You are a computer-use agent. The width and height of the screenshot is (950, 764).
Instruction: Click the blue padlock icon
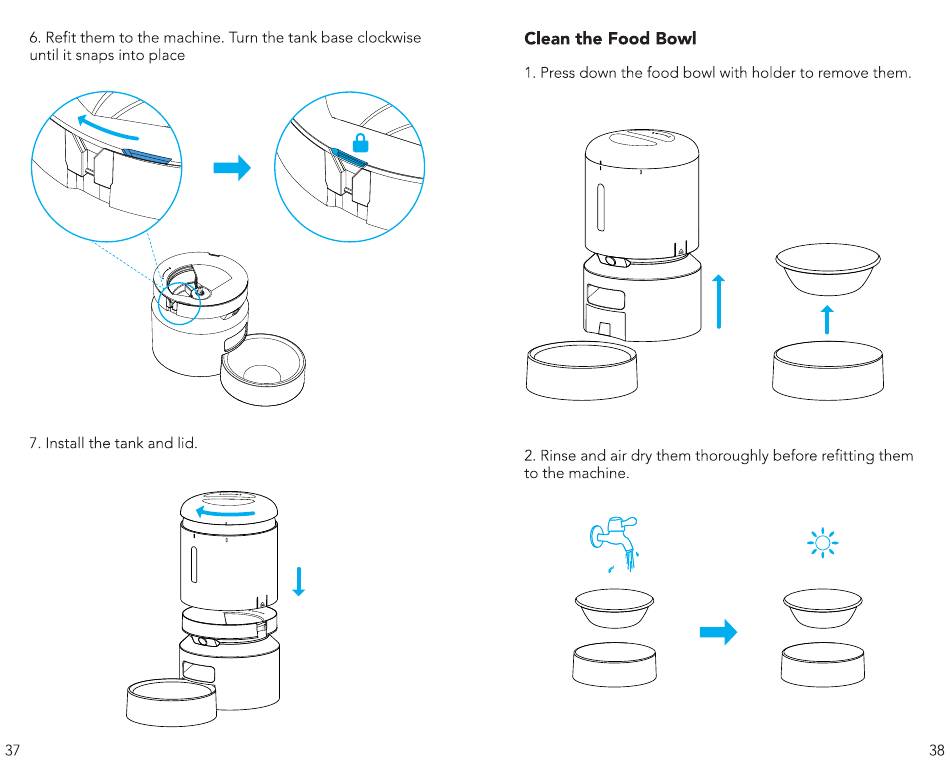click(360, 143)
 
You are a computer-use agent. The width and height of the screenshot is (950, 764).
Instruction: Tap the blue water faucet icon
click(614, 543)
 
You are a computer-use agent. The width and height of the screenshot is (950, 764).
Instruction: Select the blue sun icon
click(822, 542)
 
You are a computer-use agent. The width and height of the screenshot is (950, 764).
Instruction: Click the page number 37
click(13, 750)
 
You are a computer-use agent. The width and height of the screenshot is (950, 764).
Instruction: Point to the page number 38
click(937, 750)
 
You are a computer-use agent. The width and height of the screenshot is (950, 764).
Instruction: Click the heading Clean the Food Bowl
click(610, 39)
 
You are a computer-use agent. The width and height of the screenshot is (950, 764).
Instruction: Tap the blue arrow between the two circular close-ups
click(232, 168)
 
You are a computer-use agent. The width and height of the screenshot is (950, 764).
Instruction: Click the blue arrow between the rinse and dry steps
click(719, 632)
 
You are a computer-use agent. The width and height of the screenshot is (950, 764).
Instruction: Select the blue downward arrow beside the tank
click(298, 581)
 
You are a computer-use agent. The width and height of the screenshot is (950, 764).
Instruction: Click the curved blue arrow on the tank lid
click(224, 513)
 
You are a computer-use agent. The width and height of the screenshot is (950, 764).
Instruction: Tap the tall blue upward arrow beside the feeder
click(719, 301)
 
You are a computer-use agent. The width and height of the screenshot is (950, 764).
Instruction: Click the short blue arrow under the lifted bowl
click(827, 320)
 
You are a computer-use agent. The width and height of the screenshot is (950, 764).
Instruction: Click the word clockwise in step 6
click(389, 38)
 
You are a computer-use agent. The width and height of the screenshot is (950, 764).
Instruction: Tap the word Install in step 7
click(65, 443)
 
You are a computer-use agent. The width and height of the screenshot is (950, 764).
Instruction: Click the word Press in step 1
click(557, 73)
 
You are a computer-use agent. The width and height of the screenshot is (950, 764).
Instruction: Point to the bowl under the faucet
click(614, 608)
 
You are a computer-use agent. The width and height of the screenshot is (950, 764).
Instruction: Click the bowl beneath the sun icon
click(822, 608)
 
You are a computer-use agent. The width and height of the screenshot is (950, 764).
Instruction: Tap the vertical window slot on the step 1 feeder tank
click(601, 208)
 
